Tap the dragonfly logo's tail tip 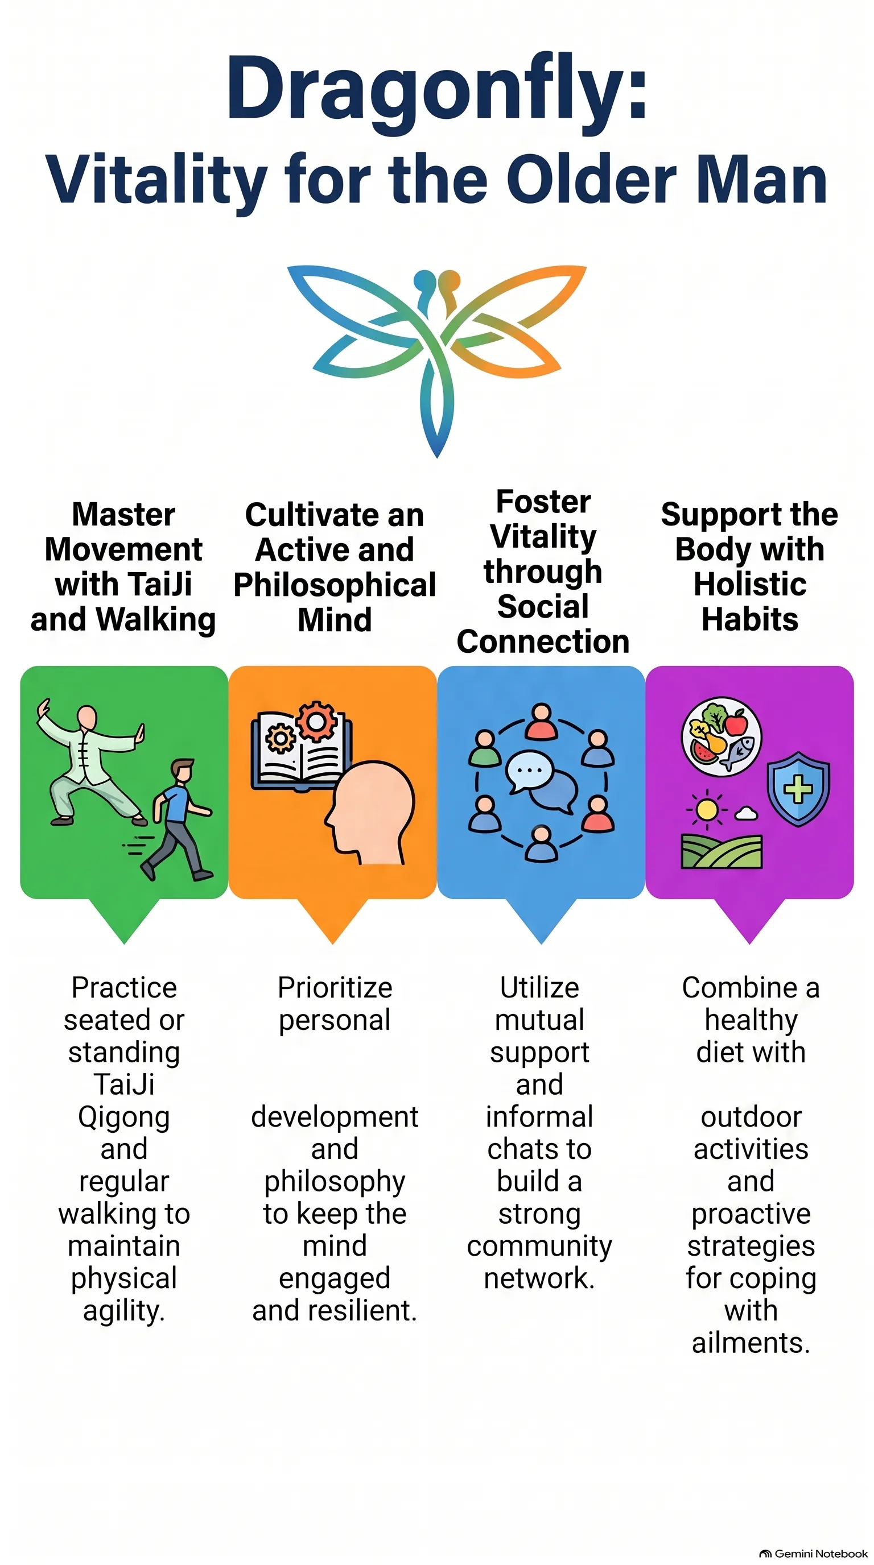pyautogui.click(x=437, y=457)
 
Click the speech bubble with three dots pyautogui.click(x=529, y=772)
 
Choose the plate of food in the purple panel pyautogui.click(x=722, y=736)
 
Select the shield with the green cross pyautogui.click(x=798, y=789)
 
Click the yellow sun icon pyautogui.click(x=707, y=810)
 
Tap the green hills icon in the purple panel pyautogui.click(x=722, y=851)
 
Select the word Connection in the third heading pyautogui.click(x=543, y=641)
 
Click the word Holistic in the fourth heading pyautogui.click(x=750, y=585)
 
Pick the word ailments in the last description pyautogui.click(x=751, y=1343)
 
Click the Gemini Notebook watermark pyautogui.click(x=814, y=1553)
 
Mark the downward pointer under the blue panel pyautogui.click(x=541, y=921)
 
